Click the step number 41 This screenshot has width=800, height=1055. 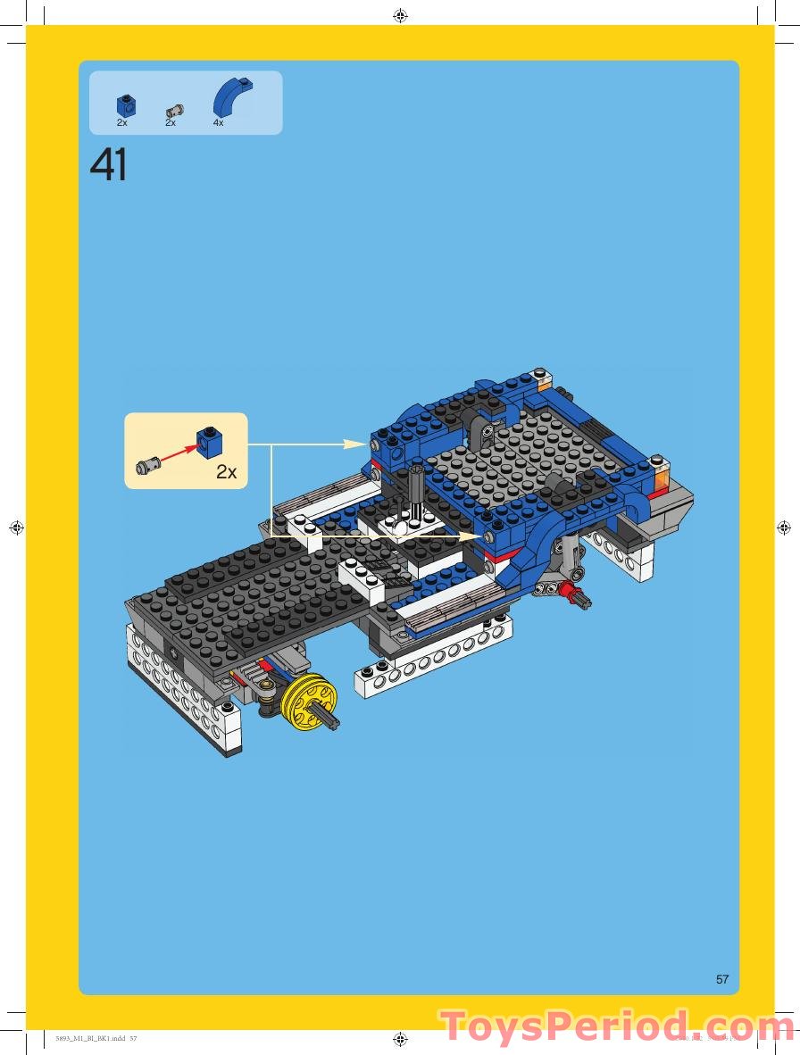tap(109, 165)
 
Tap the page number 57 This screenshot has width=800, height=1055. tap(722, 979)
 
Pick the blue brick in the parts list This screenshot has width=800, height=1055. tap(127, 105)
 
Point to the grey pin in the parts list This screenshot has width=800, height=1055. tap(175, 111)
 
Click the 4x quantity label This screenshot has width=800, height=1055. tap(219, 123)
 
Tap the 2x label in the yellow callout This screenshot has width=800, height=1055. tap(227, 472)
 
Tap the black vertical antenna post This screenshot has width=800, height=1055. tap(416, 491)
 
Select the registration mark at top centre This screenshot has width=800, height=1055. tap(400, 15)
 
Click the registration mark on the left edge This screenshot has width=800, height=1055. tap(15, 527)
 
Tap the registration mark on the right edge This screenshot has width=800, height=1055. tap(784, 527)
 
